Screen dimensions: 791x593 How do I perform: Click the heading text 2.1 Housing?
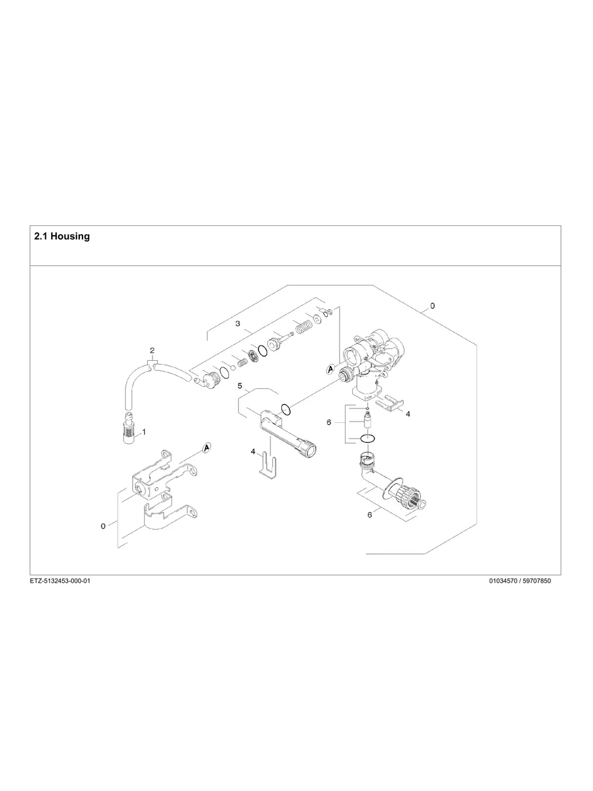[x=62, y=236]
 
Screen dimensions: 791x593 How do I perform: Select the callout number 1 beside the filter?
[x=144, y=432]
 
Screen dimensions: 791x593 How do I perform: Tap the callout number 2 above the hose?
[x=152, y=350]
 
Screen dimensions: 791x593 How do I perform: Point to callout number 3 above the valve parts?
[x=238, y=324]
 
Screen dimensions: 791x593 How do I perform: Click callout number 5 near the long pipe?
[x=240, y=386]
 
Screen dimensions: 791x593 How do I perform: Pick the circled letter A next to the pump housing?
[x=331, y=369]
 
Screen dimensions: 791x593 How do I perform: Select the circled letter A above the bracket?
[x=207, y=447]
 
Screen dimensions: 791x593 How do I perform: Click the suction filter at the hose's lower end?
[x=129, y=430]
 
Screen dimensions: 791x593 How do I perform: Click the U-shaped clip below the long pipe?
[x=268, y=466]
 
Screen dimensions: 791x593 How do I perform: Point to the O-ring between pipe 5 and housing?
[x=286, y=410]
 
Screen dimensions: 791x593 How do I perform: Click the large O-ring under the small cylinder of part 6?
[x=367, y=439]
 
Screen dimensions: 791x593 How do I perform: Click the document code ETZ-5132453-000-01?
[x=60, y=581]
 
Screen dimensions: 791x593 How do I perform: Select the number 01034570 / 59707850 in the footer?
[x=520, y=581]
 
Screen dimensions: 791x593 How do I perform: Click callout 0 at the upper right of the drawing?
[x=433, y=306]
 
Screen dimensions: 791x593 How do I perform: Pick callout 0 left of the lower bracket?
[x=103, y=526]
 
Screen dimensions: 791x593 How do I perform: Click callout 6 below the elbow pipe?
[x=369, y=515]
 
